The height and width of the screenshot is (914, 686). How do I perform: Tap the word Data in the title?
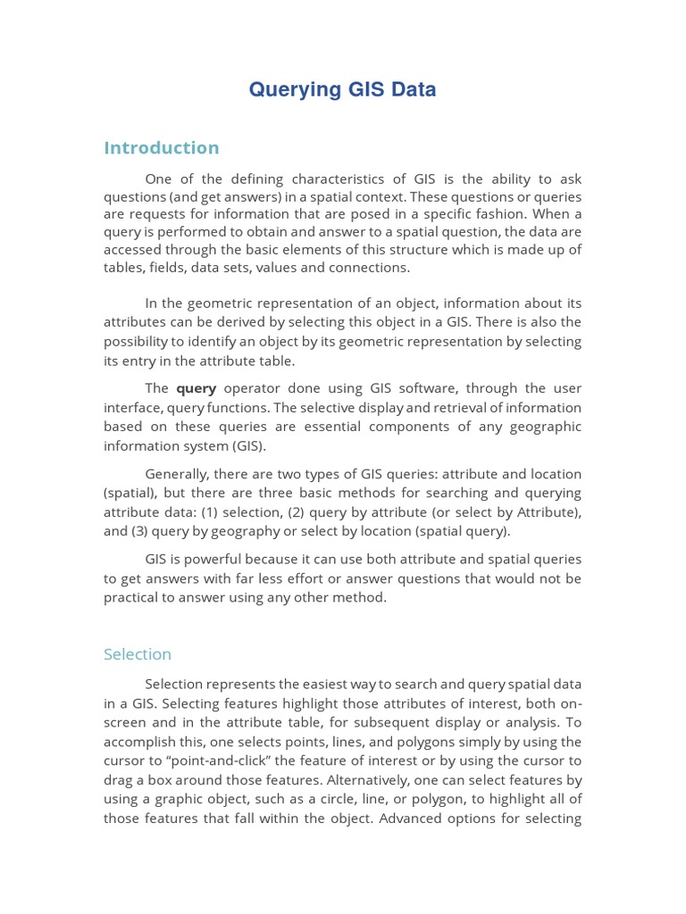click(412, 89)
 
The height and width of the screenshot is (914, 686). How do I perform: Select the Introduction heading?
click(161, 147)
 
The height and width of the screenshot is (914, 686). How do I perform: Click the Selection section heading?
click(138, 654)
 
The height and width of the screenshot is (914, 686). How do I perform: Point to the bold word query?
click(196, 388)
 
